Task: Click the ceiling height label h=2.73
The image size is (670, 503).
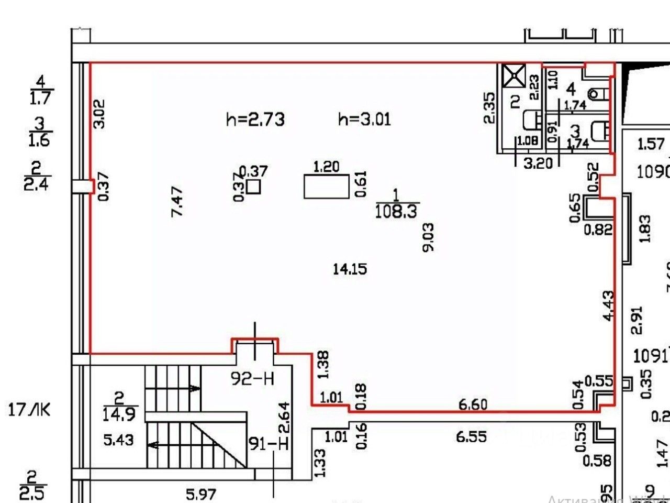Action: [x=255, y=119]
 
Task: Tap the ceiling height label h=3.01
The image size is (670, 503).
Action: [x=364, y=119]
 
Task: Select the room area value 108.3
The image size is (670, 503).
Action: [x=397, y=211]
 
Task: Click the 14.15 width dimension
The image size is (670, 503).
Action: [x=350, y=269]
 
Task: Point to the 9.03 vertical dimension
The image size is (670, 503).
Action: [x=428, y=237]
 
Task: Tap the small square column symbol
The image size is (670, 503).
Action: [x=254, y=187]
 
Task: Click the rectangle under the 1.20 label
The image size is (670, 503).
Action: [x=326, y=187]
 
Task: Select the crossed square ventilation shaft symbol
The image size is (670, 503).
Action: [x=513, y=74]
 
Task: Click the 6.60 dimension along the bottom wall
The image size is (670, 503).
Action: [x=472, y=404]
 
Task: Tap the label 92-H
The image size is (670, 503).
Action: [x=253, y=378]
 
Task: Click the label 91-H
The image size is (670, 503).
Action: [x=269, y=444]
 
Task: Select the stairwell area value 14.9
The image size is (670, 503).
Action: [x=120, y=414]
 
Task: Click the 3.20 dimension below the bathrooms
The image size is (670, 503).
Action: [x=538, y=163]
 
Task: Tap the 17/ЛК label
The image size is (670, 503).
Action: [x=30, y=409]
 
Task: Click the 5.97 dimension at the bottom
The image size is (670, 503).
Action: [x=202, y=494]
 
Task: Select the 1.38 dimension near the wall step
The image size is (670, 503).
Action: [x=323, y=366]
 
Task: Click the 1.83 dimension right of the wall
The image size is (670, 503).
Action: [x=645, y=228]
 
